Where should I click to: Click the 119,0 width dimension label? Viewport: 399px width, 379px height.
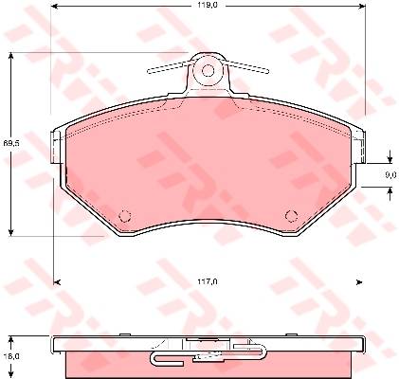coord(208,5)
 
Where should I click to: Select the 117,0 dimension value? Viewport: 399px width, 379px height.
coord(208,281)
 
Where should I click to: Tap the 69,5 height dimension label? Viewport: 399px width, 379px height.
coord(11,143)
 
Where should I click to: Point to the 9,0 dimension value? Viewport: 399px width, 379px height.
coord(390,175)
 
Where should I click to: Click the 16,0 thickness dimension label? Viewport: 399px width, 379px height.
coord(11,356)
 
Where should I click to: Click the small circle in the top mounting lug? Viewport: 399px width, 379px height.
coord(208,70)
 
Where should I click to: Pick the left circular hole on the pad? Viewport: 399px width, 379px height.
coord(125,216)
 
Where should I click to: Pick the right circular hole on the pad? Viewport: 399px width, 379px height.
coord(291,216)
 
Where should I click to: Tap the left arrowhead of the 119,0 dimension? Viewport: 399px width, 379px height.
coord(54,6)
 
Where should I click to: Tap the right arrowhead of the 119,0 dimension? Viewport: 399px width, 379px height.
coord(362,6)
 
